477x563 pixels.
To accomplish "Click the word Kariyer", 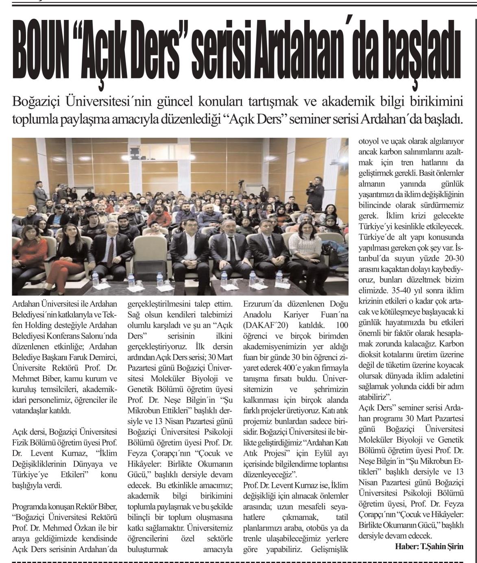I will [296, 315].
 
